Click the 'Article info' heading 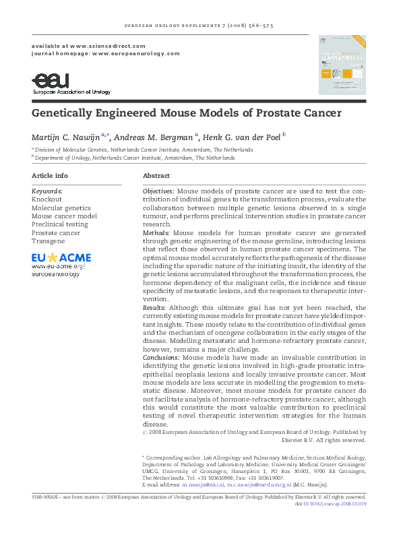(x=50, y=175)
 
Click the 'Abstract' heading (x=156, y=175)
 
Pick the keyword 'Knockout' (x=47, y=199)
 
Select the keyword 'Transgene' (x=49, y=241)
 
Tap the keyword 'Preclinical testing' (x=60, y=224)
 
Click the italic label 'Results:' (x=154, y=307)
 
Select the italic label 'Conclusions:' (x=161, y=356)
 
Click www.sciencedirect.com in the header (x=102, y=44)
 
